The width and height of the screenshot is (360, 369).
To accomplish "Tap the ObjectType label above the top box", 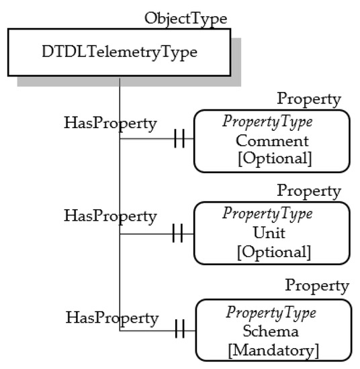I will [x=185, y=17].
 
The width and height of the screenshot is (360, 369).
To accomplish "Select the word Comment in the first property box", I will [x=272, y=142].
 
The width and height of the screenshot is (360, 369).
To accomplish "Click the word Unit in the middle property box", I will [x=272, y=233].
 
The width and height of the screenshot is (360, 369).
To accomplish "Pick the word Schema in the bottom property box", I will [x=272, y=331].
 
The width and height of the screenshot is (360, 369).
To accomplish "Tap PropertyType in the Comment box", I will [x=272, y=123].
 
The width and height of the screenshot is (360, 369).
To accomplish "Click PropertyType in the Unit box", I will [x=272, y=215].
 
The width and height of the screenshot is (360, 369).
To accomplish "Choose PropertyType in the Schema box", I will [x=272, y=313].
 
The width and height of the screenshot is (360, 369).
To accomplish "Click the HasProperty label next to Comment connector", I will [x=110, y=123].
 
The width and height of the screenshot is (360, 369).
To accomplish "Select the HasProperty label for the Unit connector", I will [x=110, y=216].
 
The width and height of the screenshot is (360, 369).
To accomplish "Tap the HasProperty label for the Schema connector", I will [x=111, y=316].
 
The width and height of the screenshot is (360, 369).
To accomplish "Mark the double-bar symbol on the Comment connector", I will [x=179, y=140].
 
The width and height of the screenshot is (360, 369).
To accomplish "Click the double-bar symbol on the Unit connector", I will [x=179, y=233].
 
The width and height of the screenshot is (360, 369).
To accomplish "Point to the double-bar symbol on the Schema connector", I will [x=179, y=330].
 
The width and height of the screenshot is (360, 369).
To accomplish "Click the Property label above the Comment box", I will [x=309, y=99].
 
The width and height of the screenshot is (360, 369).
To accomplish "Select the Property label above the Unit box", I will [x=309, y=191].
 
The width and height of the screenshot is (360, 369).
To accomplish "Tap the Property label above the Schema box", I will [x=316, y=286].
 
